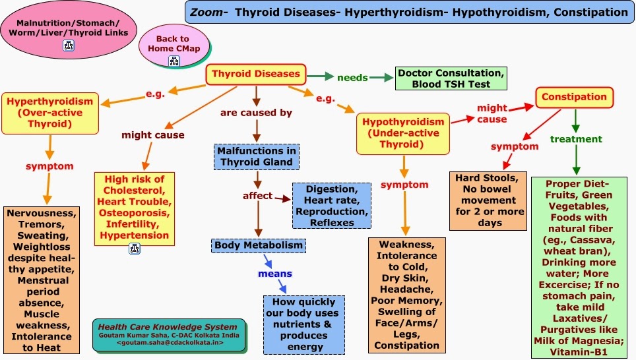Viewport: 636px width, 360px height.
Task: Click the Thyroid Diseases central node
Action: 255,74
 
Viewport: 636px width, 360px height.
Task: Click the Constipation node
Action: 574,98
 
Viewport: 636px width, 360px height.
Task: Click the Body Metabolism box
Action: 259,245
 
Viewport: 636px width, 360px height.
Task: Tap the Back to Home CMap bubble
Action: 173,44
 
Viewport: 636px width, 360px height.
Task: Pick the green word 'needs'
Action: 352,78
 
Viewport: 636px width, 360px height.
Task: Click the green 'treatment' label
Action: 576,139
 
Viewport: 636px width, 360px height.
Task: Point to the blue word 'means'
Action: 275,273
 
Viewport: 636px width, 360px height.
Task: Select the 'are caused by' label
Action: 256,113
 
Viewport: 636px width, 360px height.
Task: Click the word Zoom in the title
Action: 204,11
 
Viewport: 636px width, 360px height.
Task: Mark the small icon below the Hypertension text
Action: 135,248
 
